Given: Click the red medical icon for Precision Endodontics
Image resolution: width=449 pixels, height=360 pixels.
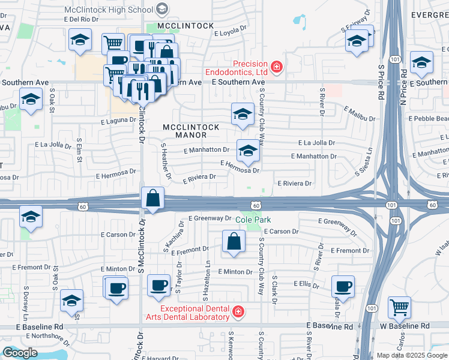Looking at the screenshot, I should click(276, 67).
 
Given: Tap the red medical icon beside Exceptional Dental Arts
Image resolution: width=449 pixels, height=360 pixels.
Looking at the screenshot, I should click(238, 311).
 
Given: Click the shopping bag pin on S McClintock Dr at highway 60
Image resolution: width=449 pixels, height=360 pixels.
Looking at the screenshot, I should click(153, 198).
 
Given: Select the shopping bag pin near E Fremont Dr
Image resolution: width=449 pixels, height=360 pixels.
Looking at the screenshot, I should click(234, 241).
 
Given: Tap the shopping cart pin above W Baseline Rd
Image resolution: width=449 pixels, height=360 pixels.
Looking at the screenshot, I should click(399, 308).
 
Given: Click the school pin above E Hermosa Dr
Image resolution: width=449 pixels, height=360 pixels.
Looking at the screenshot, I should click(247, 151).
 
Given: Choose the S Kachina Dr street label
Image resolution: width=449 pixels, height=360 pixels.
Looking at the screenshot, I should click(169, 239).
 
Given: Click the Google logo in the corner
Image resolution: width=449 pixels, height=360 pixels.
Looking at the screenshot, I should click(20, 353).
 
